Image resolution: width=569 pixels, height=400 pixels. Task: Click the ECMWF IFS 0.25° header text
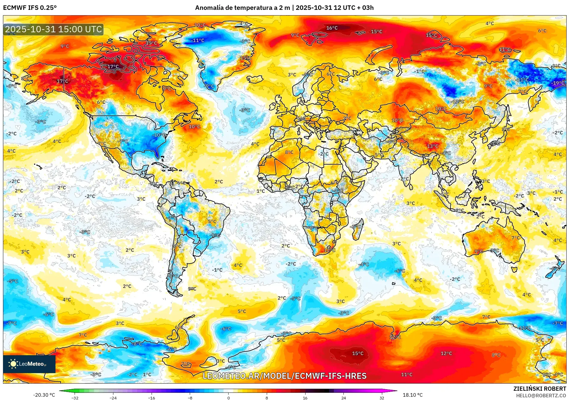[x=30, y=8]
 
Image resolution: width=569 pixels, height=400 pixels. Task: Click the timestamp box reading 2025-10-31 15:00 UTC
[x=53, y=29]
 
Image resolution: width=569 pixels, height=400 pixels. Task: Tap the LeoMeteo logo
[x=29, y=364]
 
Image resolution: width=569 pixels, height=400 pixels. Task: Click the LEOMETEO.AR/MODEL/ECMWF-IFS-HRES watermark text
[x=284, y=376]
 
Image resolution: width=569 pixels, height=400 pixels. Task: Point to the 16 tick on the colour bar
[x=305, y=398]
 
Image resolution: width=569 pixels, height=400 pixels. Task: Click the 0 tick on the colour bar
[x=228, y=398]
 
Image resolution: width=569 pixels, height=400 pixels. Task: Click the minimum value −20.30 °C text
[x=44, y=395]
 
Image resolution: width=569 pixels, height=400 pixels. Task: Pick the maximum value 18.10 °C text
[x=413, y=395]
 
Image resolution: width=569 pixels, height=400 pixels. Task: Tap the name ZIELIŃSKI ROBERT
[x=539, y=389]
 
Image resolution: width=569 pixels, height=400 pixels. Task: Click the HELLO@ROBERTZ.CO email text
[x=541, y=396]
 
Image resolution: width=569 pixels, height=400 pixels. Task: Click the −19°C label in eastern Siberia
[x=558, y=83]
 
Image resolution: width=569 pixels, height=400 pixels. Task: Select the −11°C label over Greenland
[x=198, y=40]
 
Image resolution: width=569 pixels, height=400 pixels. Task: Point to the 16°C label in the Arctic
[x=332, y=28]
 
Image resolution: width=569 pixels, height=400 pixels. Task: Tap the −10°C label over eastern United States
[x=159, y=135]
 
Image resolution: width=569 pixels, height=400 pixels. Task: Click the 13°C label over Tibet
[x=432, y=146]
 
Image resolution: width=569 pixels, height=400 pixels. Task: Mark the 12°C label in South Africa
[x=329, y=250]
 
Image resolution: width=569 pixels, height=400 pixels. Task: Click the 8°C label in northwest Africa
[x=289, y=152]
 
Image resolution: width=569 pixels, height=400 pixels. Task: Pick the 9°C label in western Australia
[x=479, y=251]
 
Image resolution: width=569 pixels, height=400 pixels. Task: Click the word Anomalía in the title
[x=209, y=8]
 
